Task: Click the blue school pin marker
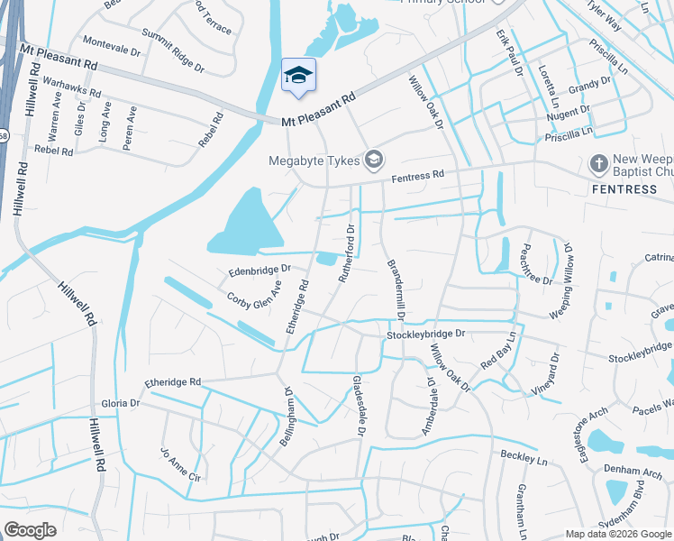[298, 76]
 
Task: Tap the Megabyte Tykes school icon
[373, 161]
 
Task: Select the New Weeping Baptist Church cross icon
[598, 164]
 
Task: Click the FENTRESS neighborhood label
[624, 189]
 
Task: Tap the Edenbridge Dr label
[260, 269]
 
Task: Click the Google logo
[31, 530]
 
